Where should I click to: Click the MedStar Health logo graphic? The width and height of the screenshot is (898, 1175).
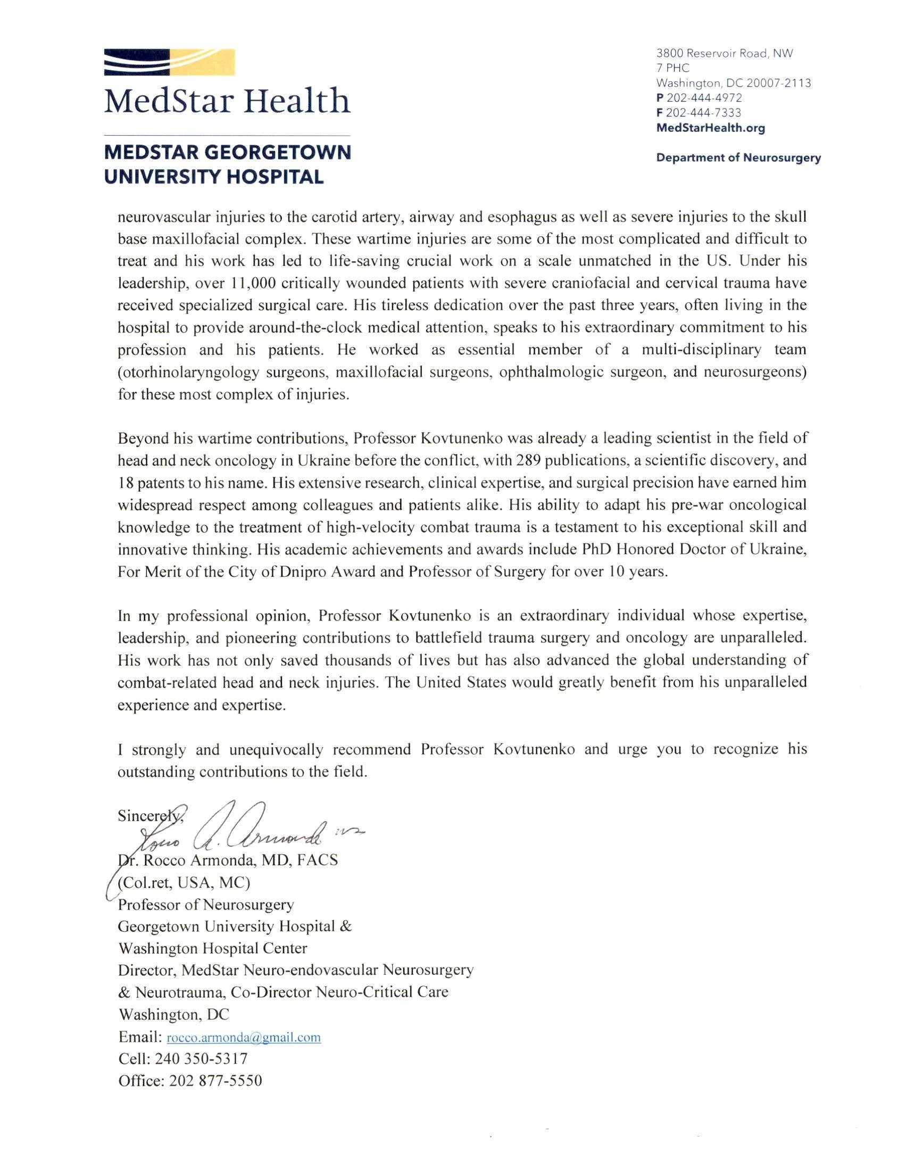coord(169,63)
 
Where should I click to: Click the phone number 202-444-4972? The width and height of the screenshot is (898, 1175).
coord(704,98)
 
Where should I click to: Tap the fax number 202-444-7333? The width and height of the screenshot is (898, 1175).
coord(703,113)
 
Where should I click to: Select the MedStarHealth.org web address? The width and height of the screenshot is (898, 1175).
coord(710,128)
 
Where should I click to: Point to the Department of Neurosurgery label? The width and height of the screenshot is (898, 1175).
coord(738,158)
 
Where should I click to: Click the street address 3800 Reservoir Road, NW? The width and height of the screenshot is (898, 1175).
coord(724,53)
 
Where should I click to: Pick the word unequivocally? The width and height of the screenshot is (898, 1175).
coord(276,749)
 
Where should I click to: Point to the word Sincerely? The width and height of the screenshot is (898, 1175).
coord(149,816)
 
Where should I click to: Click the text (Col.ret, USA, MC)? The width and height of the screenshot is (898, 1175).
coord(184,883)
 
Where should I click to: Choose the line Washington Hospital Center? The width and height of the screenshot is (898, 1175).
coord(212,948)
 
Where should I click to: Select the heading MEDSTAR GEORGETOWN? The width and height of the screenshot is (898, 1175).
coord(227,152)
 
